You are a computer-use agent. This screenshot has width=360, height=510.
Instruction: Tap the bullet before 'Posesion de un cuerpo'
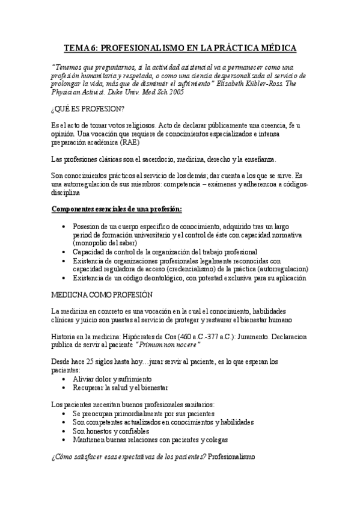pos(64,226)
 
